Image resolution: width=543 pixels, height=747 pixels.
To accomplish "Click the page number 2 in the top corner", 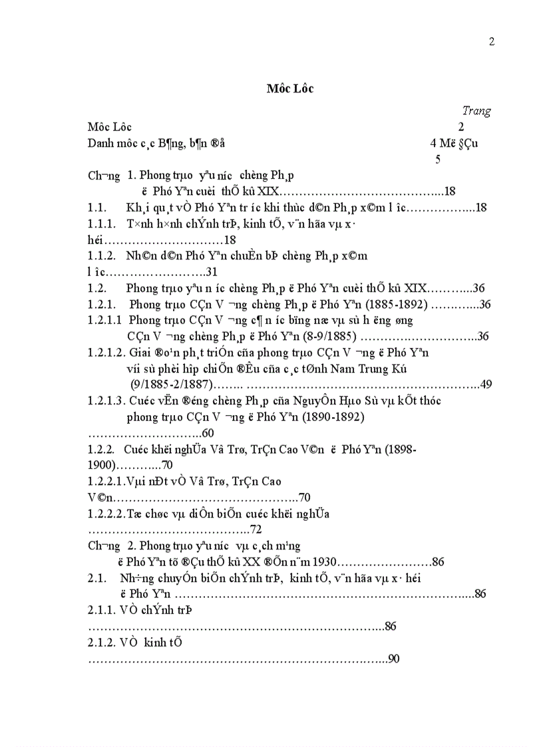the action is pos(492,41).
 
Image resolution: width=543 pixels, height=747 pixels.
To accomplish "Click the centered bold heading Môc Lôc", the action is pos(289,88).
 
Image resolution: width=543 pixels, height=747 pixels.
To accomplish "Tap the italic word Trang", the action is pos(476,111).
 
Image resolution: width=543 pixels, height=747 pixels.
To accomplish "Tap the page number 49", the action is pos(485,384).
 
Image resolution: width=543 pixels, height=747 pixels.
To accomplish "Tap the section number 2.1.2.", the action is pos(102,643).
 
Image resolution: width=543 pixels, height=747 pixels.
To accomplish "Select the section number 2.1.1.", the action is pos(102,610).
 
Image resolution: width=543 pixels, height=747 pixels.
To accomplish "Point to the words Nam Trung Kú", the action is pos(365,368).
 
